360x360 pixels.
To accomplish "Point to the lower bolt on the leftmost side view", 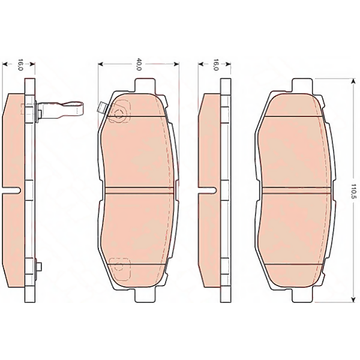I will pyautogui.click(x=37, y=268).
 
